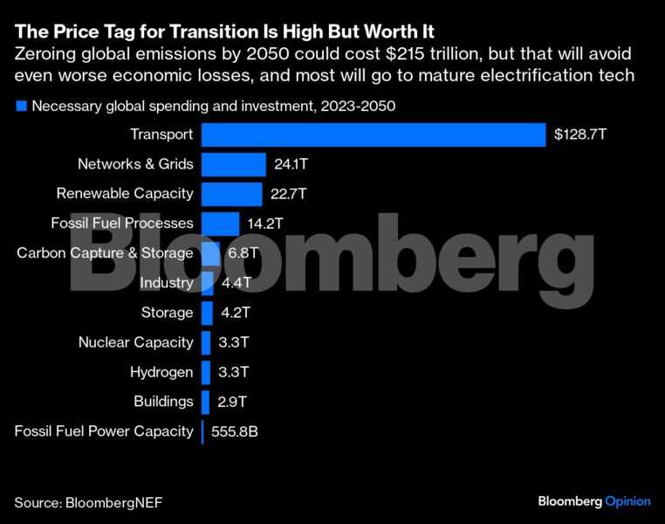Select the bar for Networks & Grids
point(233,164)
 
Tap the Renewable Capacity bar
point(231,194)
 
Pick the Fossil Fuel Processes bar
point(220,224)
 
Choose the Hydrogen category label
point(161,372)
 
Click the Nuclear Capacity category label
point(135,342)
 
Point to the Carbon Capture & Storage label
point(105,253)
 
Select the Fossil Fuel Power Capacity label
point(104,431)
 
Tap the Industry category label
point(166,283)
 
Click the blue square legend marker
point(20,107)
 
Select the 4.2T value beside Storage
point(237,313)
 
